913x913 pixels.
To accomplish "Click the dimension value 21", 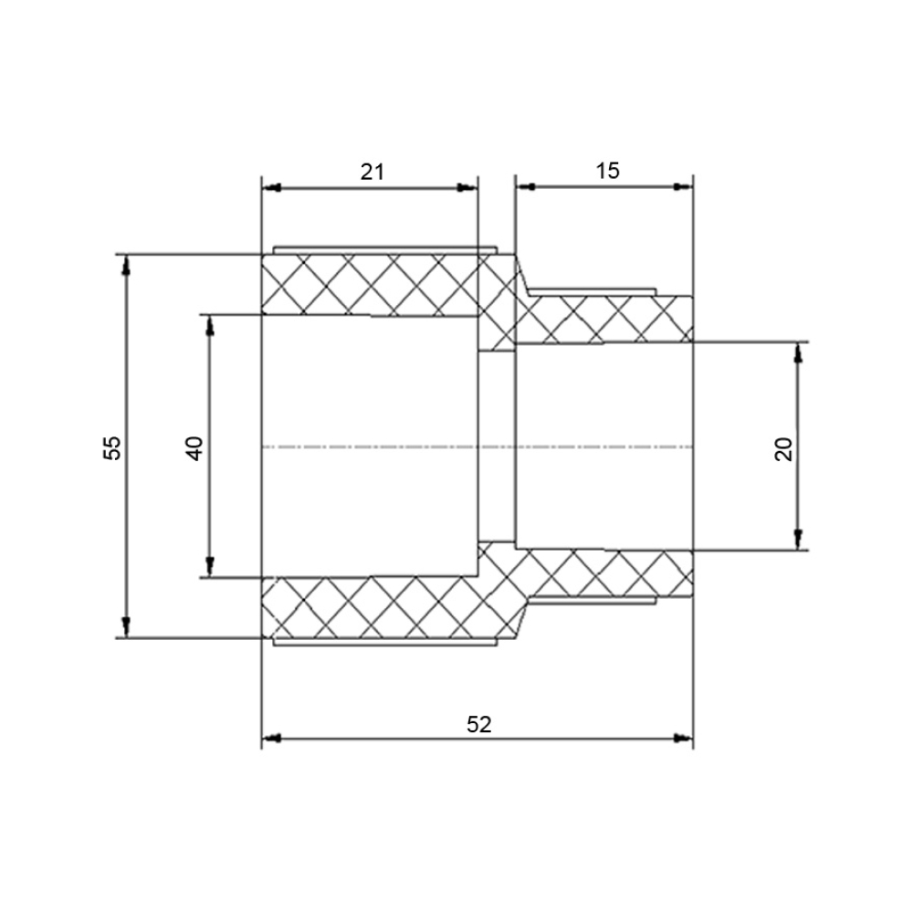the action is (x=373, y=172).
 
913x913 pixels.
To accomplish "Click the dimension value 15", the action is (x=607, y=171).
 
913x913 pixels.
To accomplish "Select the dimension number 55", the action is (x=112, y=447).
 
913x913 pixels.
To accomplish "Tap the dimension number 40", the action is (x=195, y=447).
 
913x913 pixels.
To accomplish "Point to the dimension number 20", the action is (x=784, y=449).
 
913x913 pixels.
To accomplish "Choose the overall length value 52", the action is (x=479, y=724).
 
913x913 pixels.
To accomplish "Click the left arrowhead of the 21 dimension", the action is (x=272, y=187).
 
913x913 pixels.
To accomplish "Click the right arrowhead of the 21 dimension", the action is (x=467, y=187).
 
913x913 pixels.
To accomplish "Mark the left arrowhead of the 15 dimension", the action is (x=526, y=186).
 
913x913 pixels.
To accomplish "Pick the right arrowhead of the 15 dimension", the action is (x=683, y=186).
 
